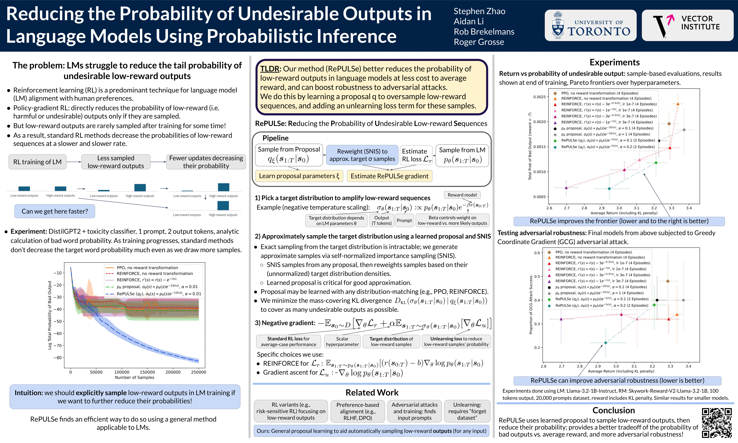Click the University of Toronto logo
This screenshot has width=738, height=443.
coord(590,25)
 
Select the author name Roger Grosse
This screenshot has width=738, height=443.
coord(479,42)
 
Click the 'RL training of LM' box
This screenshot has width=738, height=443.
coord(37,162)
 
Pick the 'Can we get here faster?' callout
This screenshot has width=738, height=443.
coord(55,211)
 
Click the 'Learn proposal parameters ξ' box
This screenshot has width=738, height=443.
coord(299,176)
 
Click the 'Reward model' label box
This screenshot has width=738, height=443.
coord(462,195)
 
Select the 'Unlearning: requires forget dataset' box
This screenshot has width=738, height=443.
coord(467,411)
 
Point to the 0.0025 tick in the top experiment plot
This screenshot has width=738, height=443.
coord(539,97)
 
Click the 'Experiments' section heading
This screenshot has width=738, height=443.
coord(615,62)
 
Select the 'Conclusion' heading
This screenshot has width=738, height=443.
coord(613,410)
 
